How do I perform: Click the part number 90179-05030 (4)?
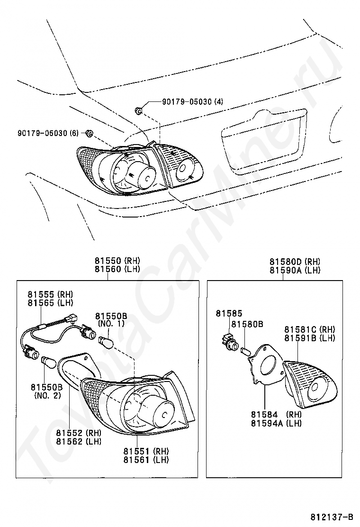pos(192,101)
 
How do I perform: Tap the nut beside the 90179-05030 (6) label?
pos(89,134)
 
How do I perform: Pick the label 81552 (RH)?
pos(78,432)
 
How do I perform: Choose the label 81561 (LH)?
pos(145,459)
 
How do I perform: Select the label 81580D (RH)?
pos(295,261)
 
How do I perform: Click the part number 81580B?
pos(247,324)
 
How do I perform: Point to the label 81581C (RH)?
pos(310,329)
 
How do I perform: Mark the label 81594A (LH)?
pos(276,423)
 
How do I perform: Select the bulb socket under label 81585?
pos(230,342)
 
